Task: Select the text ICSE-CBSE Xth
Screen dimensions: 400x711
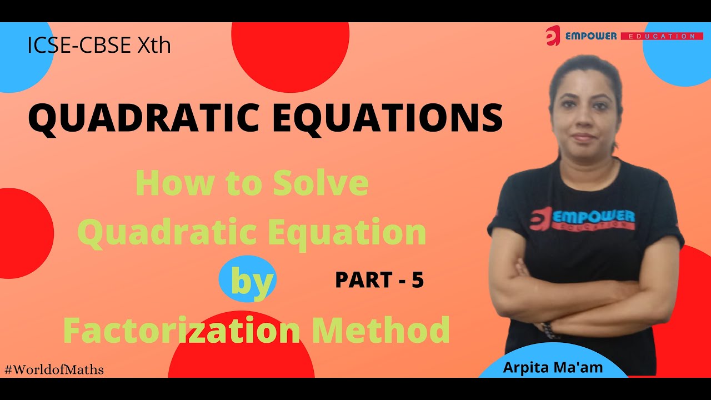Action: tap(99, 45)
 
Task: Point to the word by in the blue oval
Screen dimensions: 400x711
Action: tap(252, 281)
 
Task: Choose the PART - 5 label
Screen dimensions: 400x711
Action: tap(379, 280)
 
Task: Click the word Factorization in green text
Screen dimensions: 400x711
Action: tap(181, 329)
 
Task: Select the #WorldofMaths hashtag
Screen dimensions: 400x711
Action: tap(54, 369)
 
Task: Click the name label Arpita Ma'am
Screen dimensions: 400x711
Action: tap(553, 367)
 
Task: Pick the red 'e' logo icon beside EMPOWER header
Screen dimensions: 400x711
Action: tap(553, 36)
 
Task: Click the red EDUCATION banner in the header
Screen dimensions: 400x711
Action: tap(658, 36)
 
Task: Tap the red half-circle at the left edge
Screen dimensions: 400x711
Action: tap(25, 233)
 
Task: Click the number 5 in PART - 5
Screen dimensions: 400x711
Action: tap(417, 280)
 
